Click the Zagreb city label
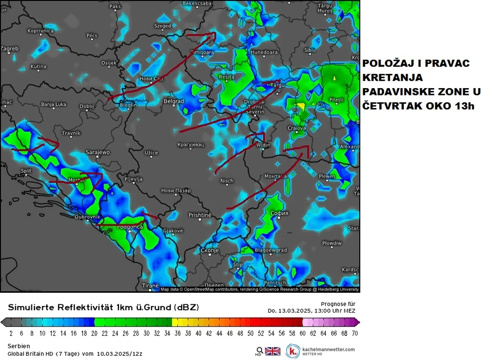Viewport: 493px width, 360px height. [x=9, y=49]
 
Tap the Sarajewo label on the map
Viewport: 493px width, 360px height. [x=98, y=152]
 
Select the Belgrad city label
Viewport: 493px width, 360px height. [x=174, y=101]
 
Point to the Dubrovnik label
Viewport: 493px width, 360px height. [x=88, y=217]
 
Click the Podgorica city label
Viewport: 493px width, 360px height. [x=131, y=227]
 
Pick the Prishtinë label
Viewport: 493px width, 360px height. [x=199, y=215]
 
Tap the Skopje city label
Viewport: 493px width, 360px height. [x=209, y=251]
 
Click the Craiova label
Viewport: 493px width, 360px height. [x=297, y=128]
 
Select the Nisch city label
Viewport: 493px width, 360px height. [x=227, y=181]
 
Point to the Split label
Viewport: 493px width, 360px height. [x=26, y=171]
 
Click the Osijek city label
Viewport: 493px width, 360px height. [x=109, y=63]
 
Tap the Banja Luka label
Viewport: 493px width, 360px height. [x=53, y=104]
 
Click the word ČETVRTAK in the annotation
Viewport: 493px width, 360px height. [x=388, y=106]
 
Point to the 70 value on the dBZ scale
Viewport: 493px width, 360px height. [x=355, y=333]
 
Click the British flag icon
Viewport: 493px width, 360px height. [x=273, y=351]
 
